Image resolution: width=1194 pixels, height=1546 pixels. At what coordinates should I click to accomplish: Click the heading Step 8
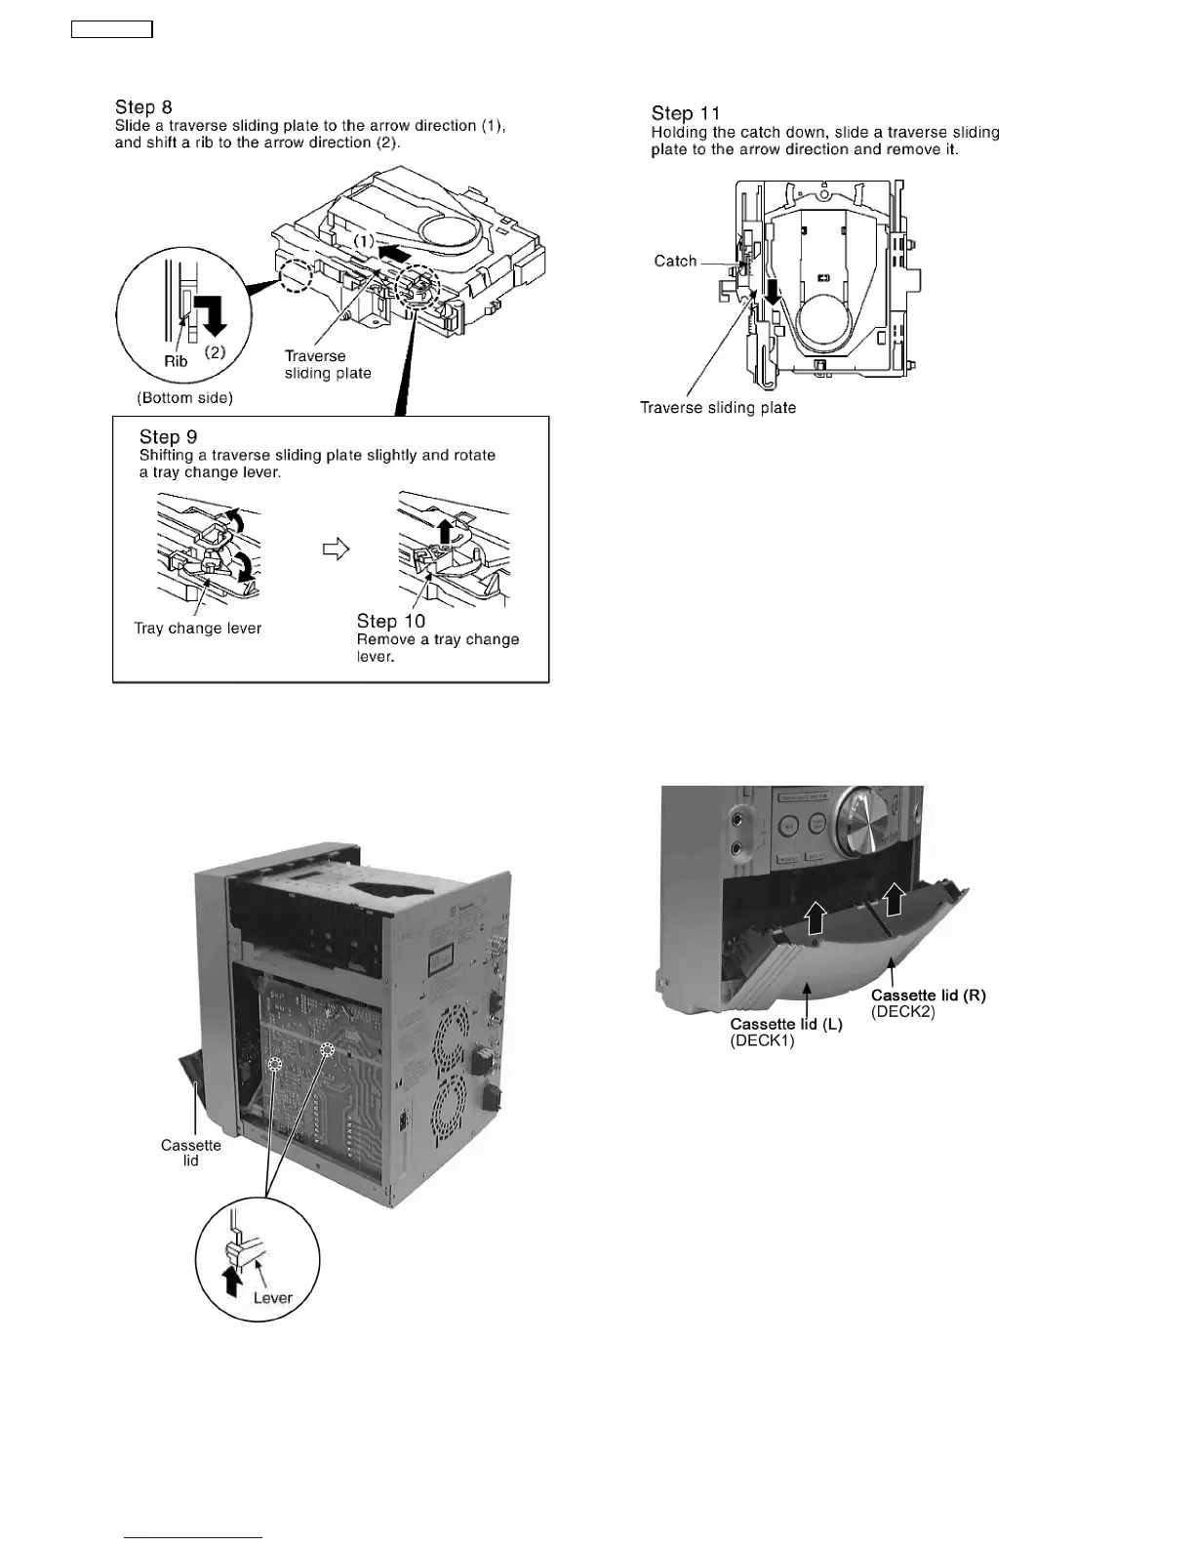click(143, 107)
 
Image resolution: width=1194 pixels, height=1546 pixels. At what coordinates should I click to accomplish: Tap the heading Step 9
click(168, 437)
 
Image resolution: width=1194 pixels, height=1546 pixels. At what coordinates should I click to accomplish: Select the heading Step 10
click(391, 622)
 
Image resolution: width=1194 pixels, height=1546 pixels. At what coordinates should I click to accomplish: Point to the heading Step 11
click(685, 114)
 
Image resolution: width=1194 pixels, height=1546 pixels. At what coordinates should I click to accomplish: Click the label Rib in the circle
click(176, 361)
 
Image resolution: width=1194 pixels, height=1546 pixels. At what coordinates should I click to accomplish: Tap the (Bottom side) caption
click(184, 398)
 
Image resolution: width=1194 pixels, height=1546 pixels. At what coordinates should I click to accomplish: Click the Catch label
click(675, 262)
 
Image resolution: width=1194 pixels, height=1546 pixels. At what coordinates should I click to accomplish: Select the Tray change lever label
click(198, 629)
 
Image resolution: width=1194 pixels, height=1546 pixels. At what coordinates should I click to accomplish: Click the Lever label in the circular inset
click(272, 1298)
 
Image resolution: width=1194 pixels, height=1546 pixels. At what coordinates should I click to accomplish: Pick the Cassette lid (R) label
click(928, 996)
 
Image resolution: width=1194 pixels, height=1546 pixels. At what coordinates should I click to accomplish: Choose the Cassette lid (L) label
click(786, 1024)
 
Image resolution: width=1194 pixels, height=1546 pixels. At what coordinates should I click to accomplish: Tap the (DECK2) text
click(903, 1012)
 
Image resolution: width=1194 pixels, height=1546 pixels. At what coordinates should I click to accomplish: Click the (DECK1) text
click(762, 1040)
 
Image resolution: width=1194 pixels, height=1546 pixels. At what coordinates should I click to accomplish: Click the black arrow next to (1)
click(405, 253)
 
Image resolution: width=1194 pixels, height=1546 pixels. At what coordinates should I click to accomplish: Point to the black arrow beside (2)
click(213, 316)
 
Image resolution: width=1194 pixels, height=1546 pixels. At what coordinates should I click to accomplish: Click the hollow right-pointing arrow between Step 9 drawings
click(336, 549)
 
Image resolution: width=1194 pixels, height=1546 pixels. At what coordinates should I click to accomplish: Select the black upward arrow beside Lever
click(232, 1281)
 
